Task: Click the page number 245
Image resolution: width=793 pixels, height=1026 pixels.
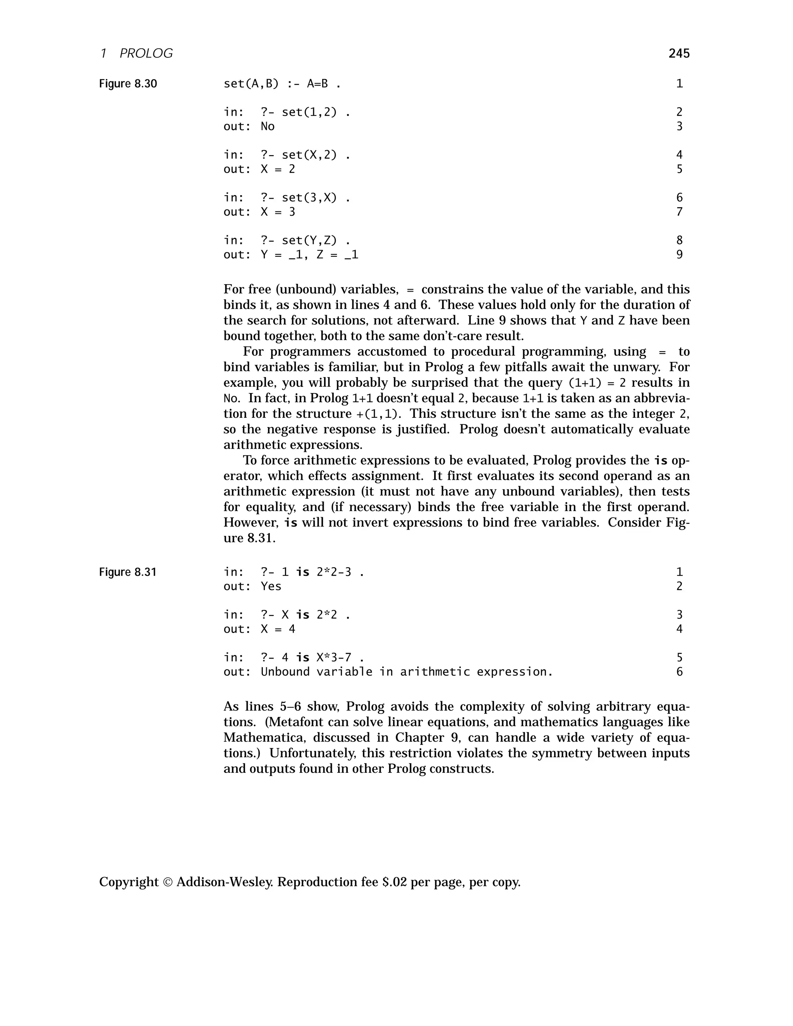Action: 679,53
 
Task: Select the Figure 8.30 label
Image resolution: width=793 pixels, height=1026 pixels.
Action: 128,84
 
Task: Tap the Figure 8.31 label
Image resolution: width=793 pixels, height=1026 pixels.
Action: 128,572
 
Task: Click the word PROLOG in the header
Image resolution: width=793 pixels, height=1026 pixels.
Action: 146,53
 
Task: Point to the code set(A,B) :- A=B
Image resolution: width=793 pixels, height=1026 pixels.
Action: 282,84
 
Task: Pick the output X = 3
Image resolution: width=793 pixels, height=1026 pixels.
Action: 278,212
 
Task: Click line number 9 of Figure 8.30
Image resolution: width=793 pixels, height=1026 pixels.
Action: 679,255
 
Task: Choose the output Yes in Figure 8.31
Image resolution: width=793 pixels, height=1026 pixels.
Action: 271,586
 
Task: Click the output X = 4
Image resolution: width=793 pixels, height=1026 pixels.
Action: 278,629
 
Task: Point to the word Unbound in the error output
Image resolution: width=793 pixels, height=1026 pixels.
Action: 285,672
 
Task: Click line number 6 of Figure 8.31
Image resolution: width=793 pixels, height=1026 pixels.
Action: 679,672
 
